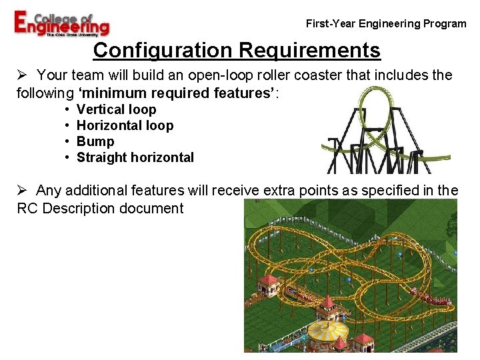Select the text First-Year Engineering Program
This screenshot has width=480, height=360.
pyautogui.click(x=386, y=24)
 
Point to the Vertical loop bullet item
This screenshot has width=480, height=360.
pyautogui.click(x=116, y=110)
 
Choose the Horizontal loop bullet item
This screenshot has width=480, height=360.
pyautogui.click(x=125, y=126)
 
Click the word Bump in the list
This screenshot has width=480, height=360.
pyautogui.click(x=95, y=142)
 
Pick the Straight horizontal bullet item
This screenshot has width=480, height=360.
pyautogui.click(x=135, y=158)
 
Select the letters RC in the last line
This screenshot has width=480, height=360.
pyautogui.click(x=26, y=209)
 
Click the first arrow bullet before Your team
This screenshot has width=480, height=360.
pyautogui.click(x=21, y=75)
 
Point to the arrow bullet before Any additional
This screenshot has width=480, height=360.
pyautogui.click(x=21, y=191)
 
